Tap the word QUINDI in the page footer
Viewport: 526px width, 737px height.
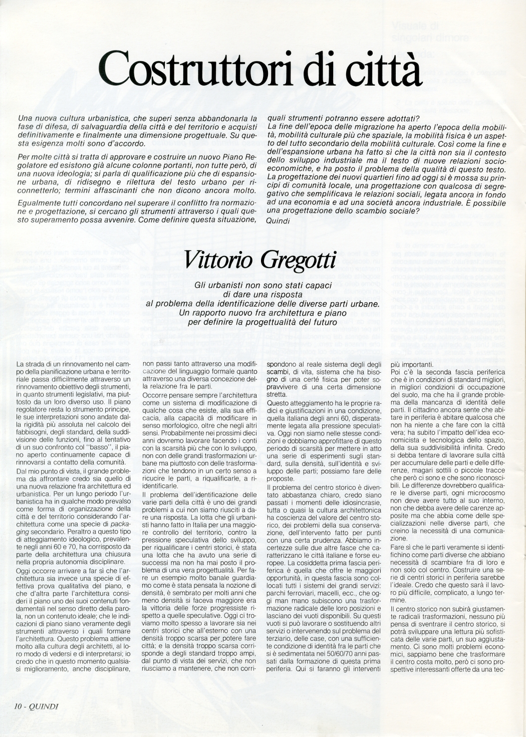pos(44,707)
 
